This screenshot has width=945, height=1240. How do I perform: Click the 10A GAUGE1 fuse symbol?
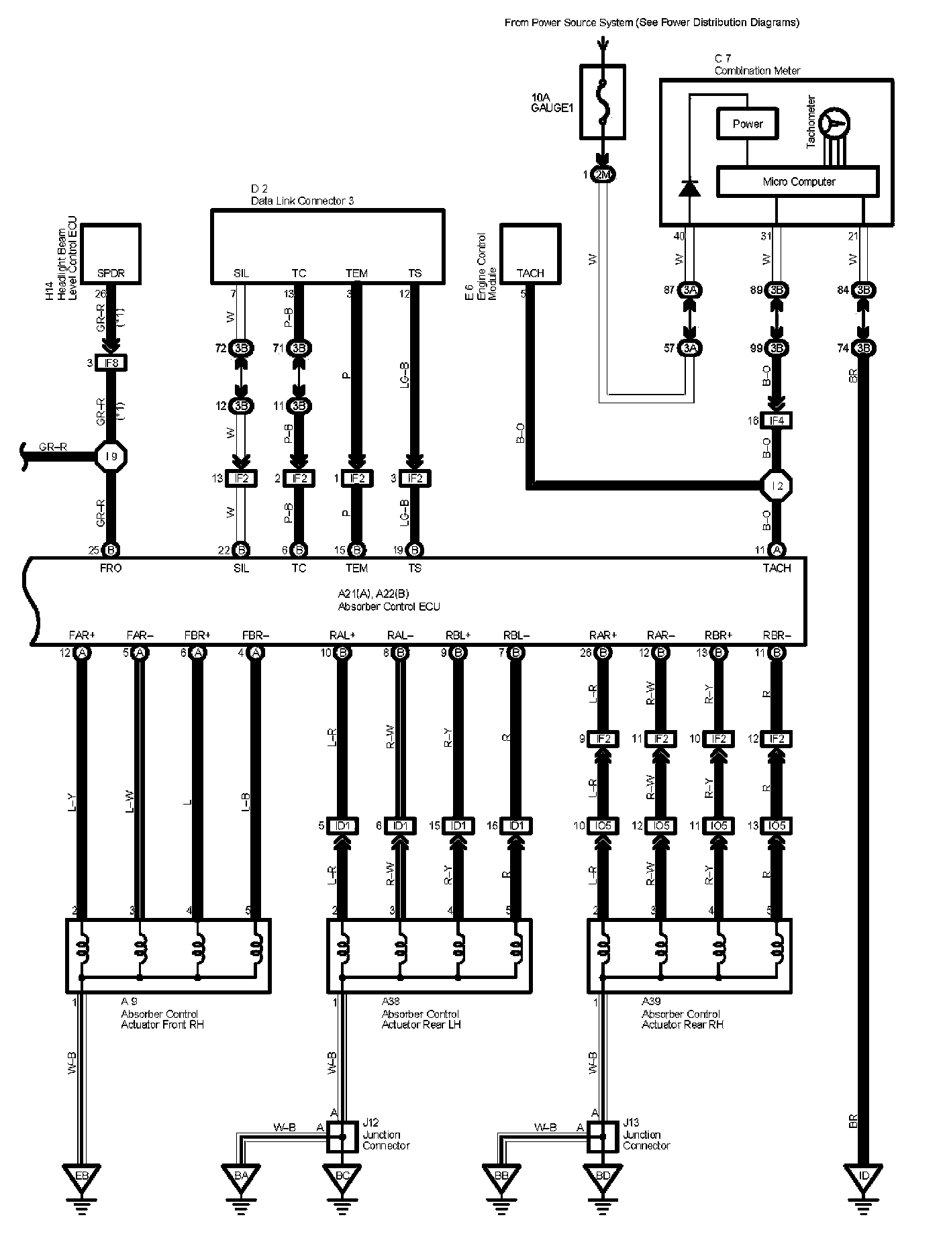[602, 102]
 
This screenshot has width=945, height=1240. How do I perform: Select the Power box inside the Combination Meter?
[748, 123]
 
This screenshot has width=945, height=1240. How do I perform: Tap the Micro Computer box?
[798, 182]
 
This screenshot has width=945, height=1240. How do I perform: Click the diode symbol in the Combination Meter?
[689, 188]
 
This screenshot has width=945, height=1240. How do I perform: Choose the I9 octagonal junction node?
[111, 457]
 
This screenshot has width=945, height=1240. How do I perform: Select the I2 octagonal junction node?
[777, 485]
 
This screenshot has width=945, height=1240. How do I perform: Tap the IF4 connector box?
[777, 421]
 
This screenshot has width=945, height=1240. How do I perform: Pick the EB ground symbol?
[82, 1176]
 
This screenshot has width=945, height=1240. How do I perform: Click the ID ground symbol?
[863, 1176]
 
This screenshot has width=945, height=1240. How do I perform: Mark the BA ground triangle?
[242, 1176]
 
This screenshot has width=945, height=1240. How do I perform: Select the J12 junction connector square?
[342, 1137]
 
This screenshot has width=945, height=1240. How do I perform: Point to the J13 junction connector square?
[603, 1137]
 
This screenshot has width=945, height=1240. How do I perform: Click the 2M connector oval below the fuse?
[603, 174]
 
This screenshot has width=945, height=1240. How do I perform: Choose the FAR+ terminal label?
[82, 635]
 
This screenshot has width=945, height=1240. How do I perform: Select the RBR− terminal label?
[777, 635]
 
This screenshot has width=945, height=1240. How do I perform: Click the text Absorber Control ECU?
[389, 607]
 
